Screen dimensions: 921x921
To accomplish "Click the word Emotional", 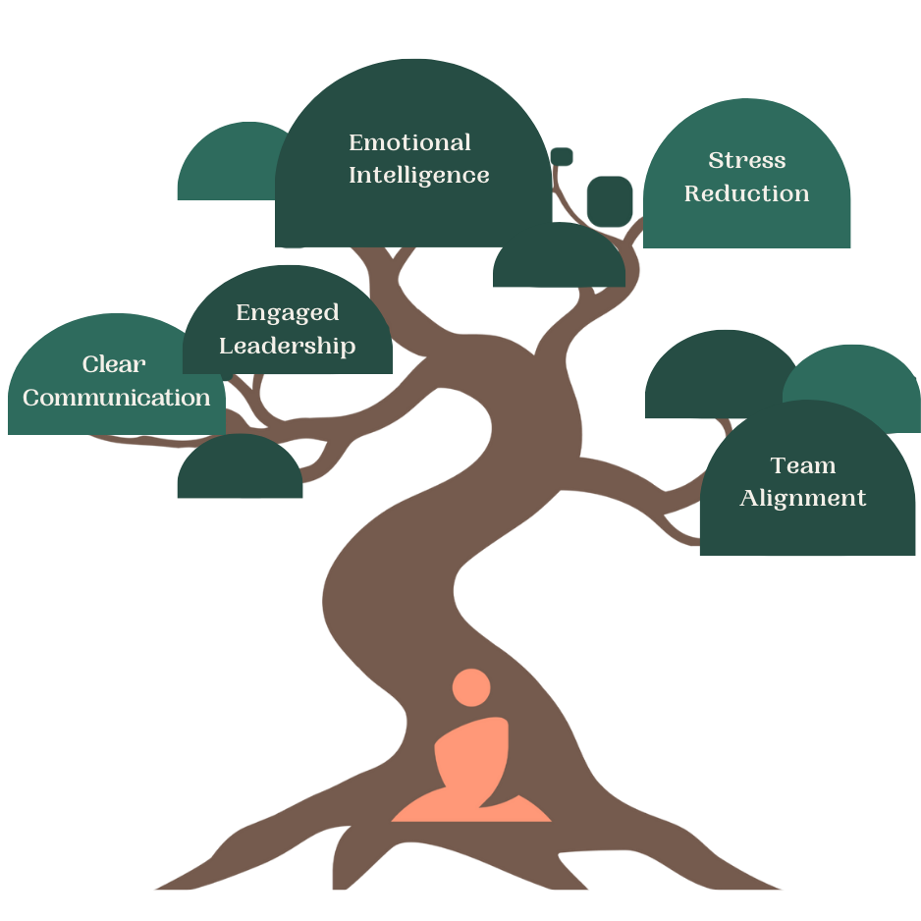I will point(409,143).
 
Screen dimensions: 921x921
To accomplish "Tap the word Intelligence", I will point(419,176).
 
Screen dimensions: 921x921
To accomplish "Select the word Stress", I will point(747,161).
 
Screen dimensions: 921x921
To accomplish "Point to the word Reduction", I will point(747,193).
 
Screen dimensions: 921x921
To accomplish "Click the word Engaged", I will point(288,313).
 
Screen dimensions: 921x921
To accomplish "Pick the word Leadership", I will point(288,346).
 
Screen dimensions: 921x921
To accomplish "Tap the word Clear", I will point(114,364).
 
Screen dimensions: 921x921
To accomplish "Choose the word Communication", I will point(117,398).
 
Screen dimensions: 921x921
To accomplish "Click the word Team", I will point(803,465).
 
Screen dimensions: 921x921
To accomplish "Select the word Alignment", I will point(803,498).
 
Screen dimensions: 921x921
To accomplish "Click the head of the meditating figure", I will point(471,687).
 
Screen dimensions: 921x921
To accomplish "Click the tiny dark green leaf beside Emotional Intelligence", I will point(562,157).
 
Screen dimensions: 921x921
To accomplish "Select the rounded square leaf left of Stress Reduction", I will point(609,201).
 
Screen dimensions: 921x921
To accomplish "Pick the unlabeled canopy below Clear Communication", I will point(240,471).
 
